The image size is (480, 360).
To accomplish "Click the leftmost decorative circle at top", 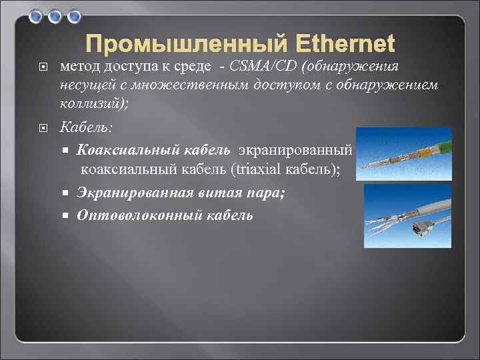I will pyautogui.click(x=37, y=15).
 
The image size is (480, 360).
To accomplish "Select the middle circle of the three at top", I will pyautogui.click(x=56, y=15).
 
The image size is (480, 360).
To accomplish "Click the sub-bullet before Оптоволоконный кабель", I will pyautogui.click(x=67, y=215).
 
